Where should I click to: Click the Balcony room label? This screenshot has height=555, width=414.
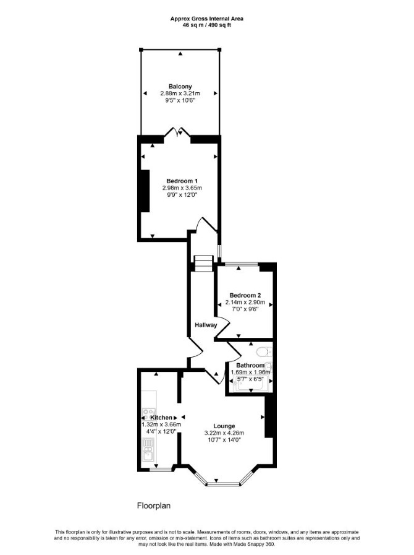(x=180, y=87)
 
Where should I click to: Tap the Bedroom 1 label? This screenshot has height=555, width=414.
(x=180, y=181)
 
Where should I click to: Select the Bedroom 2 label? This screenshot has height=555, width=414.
(x=245, y=295)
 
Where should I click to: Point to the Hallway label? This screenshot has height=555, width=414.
(x=206, y=325)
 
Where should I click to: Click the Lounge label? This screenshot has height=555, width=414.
(x=224, y=426)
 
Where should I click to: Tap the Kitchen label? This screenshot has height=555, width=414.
(x=161, y=418)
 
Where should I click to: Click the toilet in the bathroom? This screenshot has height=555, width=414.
(x=264, y=352)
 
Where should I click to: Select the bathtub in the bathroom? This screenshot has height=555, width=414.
(x=251, y=384)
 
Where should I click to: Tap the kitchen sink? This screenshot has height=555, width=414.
(x=148, y=450)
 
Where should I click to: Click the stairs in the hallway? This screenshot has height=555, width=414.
(x=204, y=264)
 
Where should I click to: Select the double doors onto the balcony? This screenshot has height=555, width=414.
(x=177, y=132)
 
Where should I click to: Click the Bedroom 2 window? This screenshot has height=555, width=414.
(x=242, y=264)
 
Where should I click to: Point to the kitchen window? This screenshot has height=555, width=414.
(x=160, y=470)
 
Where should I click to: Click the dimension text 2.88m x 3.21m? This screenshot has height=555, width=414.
(x=180, y=93)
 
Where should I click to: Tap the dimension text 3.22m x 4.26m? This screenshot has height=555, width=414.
(x=224, y=433)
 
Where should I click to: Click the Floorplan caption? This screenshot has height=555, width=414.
(x=154, y=506)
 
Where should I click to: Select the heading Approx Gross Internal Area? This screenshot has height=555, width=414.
(x=207, y=19)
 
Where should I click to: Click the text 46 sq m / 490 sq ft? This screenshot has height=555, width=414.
(x=207, y=25)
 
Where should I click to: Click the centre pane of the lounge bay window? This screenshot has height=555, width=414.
(x=224, y=483)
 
